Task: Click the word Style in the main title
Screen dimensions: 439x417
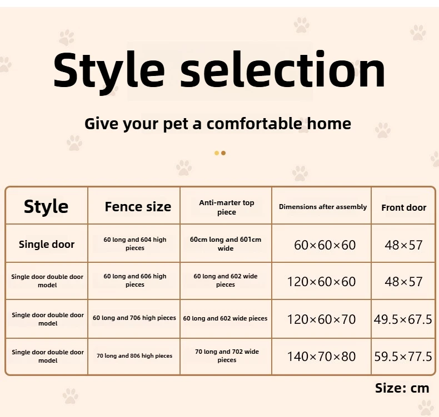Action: coord(108,72)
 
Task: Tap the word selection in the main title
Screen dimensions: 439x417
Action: coord(283,69)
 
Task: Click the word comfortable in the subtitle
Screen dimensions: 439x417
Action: coord(255,123)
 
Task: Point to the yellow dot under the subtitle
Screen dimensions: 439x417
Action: coord(216,153)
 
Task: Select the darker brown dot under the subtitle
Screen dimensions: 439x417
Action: coord(223,153)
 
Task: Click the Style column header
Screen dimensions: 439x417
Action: coord(46,207)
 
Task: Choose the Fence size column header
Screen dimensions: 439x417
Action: coord(138,207)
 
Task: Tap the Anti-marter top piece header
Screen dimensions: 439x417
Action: coord(227,207)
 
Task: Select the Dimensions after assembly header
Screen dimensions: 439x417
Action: coord(323,207)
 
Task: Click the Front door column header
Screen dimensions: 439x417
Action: coord(404,207)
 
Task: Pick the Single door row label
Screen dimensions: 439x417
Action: coord(47,245)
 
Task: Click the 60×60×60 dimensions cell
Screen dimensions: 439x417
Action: coord(325,245)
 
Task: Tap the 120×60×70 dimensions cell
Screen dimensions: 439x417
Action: coord(321,319)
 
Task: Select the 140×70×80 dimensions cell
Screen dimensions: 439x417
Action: coord(321,357)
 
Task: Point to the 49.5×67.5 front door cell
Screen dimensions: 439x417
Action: coord(403,319)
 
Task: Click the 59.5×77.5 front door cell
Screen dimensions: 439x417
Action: coord(403,357)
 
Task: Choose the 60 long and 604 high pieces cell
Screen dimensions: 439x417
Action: coord(135,243)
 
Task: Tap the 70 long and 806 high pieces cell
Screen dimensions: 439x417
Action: coord(134,356)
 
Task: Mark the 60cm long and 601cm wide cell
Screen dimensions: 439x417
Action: coord(226,243)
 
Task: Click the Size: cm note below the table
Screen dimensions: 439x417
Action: coord(402,388)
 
